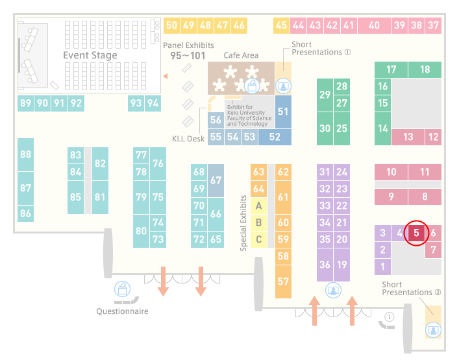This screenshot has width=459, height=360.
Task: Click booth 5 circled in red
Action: [416, 233]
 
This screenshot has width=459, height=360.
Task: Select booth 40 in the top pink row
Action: [374, 25]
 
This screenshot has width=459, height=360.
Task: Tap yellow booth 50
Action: [171, 25]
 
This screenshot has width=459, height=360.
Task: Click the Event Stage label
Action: [90, 55]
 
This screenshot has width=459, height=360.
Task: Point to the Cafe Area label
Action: [241, 55]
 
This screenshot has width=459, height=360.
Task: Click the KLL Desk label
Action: [188, 139]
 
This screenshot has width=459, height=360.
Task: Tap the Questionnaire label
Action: [122, 311]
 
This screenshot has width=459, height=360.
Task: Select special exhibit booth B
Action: [258, 222]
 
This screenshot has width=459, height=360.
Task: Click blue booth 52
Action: [275, 137]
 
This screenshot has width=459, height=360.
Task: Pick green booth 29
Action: [325, 95]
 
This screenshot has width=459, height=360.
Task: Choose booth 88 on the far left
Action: [25, 154]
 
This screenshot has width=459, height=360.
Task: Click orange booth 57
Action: [283, 282]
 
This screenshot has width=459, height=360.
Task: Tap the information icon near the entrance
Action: [390, 317]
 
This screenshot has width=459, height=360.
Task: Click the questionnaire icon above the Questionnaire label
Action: [122, 289]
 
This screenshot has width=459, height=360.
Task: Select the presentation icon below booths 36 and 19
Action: [333, 290]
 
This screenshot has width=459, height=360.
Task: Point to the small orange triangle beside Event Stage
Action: [166, 77]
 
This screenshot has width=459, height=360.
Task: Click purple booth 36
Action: [325, 265]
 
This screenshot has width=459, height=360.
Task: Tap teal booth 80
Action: [141, 231]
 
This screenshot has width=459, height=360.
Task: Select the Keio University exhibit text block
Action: [249, 115]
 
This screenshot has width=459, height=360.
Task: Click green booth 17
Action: [391, 69]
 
